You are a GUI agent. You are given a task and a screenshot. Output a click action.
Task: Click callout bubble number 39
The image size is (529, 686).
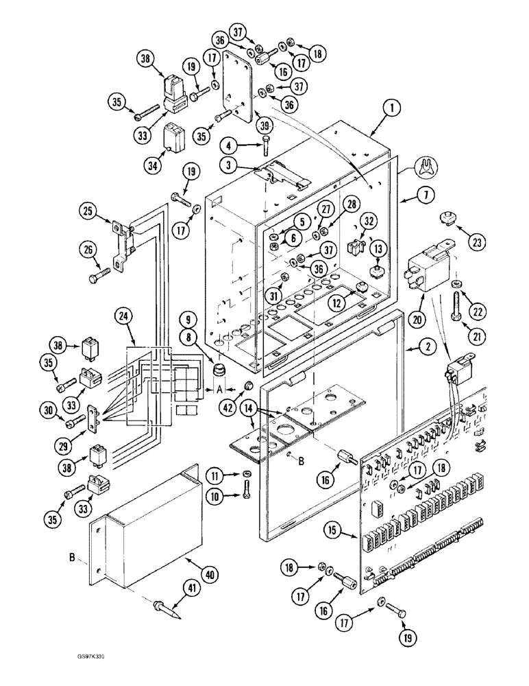pyautogui.click(x=245, y=124)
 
